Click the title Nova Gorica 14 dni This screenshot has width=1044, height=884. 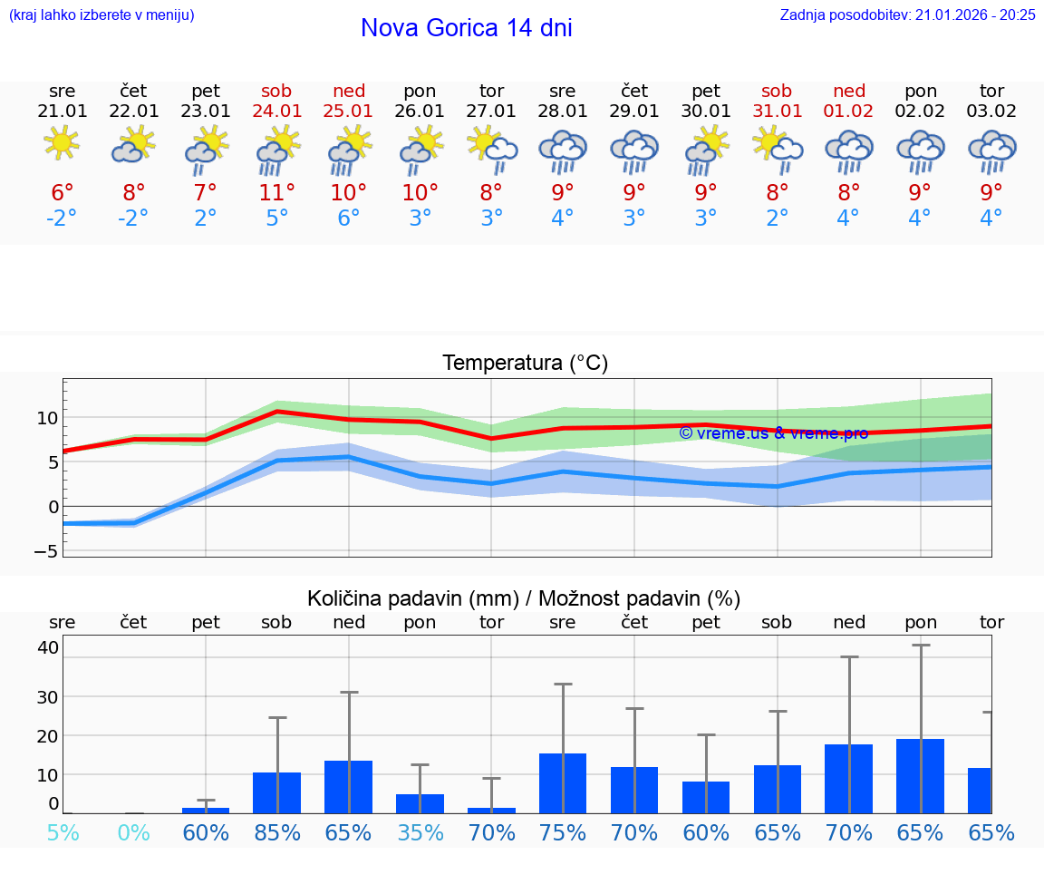(466, 28)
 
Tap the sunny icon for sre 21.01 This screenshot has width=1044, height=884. (62, 143)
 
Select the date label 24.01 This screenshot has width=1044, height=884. (276, 112)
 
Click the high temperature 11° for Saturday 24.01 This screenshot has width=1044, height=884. (276, 192)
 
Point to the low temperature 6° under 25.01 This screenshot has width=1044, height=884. (349, 219)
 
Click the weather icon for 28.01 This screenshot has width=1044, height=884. (563, 151)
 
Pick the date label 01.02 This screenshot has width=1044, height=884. (848, 112)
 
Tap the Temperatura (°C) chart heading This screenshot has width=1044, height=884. (525, 364)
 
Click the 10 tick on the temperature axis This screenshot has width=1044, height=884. (47, 418)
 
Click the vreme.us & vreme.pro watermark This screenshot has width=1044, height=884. (773, 432)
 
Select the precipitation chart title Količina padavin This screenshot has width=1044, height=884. (524, 598)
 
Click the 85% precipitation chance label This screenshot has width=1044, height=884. (276, 832)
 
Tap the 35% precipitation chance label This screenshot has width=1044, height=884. (420, 832)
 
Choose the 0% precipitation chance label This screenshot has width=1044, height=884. (133, 832)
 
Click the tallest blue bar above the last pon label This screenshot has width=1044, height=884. (920, 776)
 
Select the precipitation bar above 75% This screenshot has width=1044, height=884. (563, 783)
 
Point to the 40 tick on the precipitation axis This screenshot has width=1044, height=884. (48, 647)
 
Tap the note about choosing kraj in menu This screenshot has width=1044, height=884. (101, 15)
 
